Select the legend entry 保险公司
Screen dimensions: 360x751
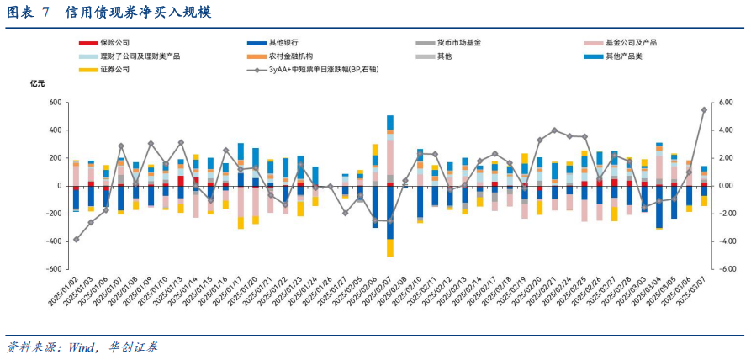pos(114,42)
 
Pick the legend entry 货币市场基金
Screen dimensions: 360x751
pos(458,42)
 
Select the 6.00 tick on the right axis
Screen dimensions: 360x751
pos(723,103)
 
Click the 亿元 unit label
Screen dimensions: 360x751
pos(38,83)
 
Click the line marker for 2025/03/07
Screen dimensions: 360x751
pos(704,109)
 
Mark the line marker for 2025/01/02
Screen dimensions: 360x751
pos(76,240)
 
